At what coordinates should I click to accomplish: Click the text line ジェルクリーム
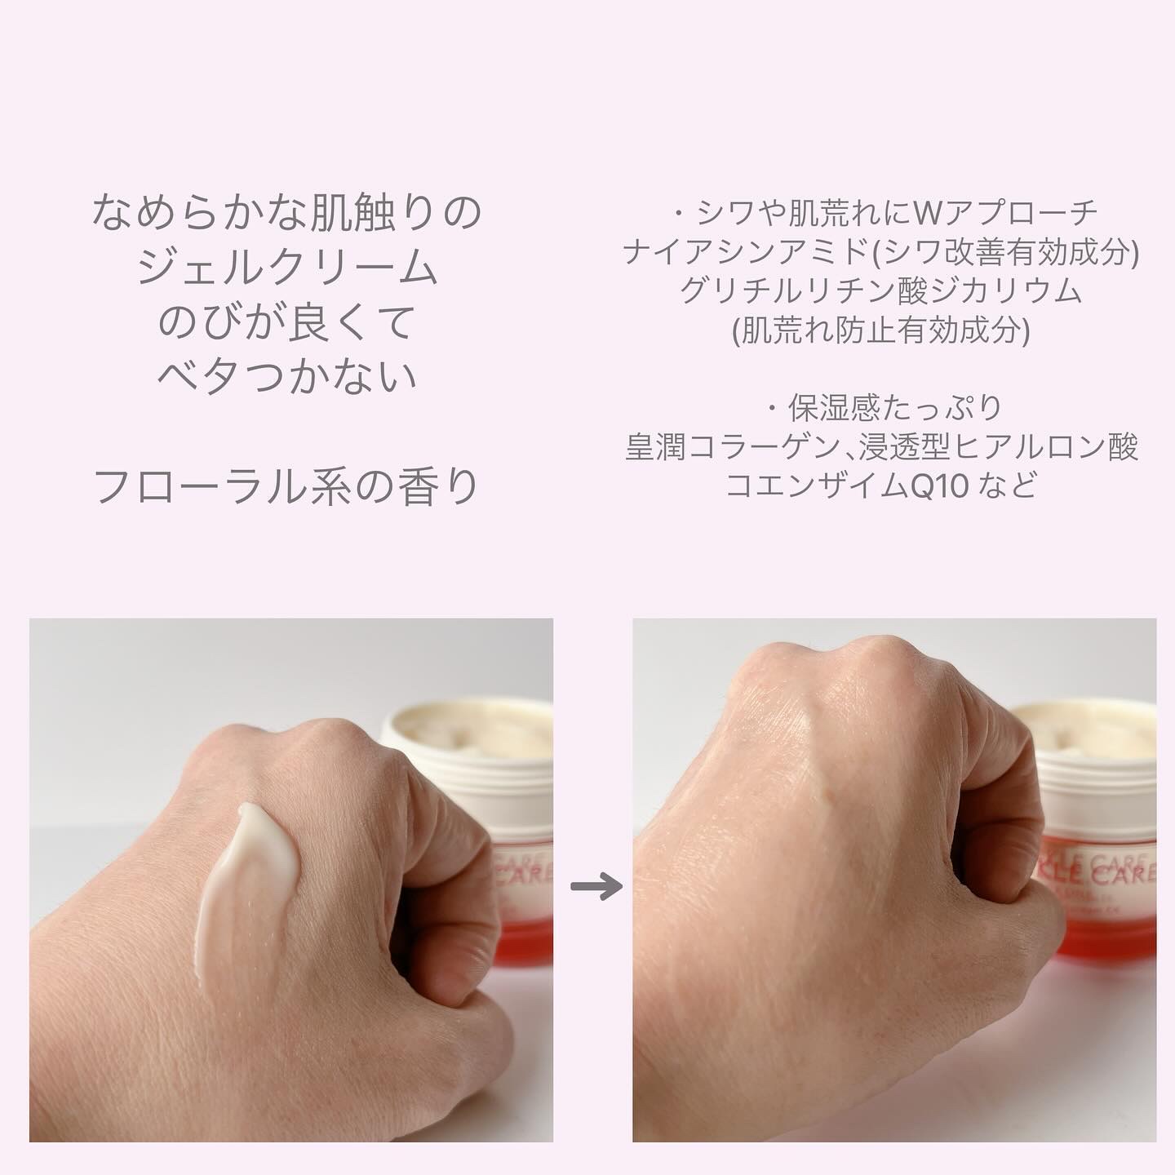[x=287, y=268]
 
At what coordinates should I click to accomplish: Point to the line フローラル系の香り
[x=287, y=487]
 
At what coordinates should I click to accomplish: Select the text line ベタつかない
[x=287, y=376]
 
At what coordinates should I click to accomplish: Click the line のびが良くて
[x=287, y=323]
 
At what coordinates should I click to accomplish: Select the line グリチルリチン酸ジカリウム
[x=881, y=291]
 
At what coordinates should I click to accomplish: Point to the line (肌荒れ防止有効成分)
[x=881, y=330]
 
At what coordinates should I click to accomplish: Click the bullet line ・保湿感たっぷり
[x=881, y=407]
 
